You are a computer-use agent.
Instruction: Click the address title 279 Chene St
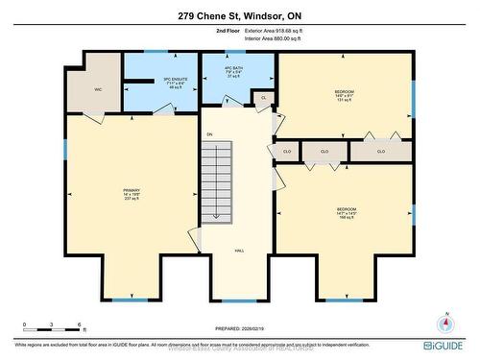click(x=240, y=15)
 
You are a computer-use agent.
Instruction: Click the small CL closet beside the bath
click(x=263, y=97)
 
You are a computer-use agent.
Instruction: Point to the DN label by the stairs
click(x=209, y=134)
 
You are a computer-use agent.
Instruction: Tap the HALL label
click(x=239, y=251)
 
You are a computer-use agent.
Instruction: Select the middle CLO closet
click(x=324, y=152)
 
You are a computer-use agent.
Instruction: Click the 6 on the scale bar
click(x=82, y=324)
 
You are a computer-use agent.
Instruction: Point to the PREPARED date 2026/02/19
click(x=239, y=324)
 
